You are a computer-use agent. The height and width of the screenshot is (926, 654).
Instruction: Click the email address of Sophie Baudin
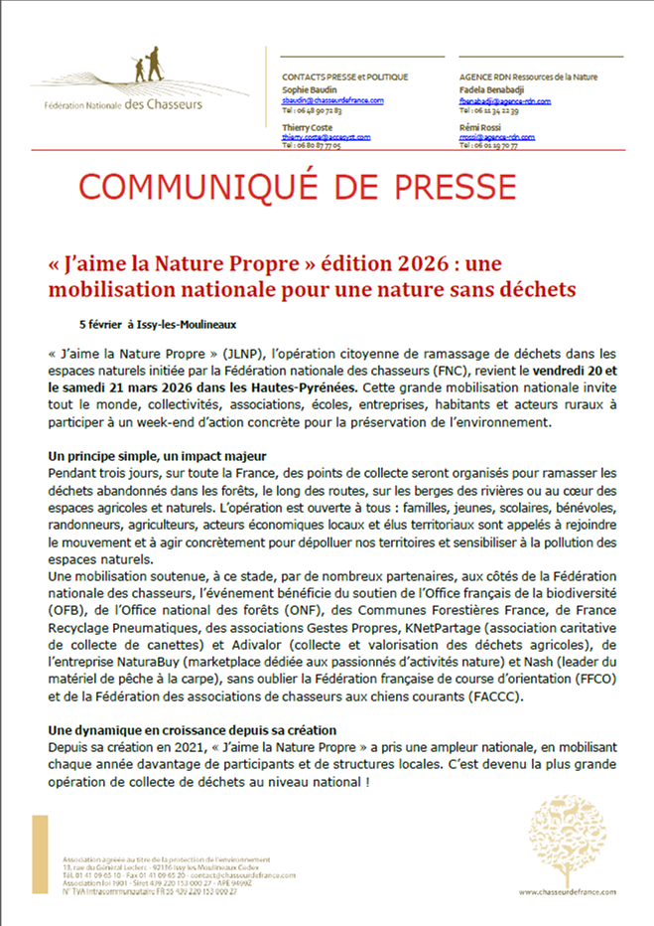(x=332, y=100)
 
